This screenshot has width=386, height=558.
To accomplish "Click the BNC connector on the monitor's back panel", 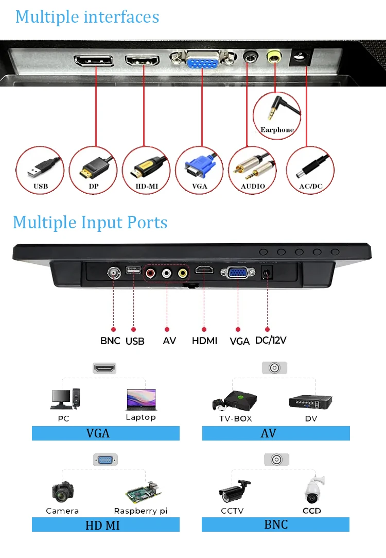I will [x=113, y=272].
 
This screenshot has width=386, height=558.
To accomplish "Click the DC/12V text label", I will [x=271, y=340].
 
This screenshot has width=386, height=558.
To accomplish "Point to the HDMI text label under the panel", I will [x=204, y=341].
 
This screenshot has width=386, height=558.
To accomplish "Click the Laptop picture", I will [x=141, y=399].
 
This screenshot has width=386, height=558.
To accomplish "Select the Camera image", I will [x=62, y=492].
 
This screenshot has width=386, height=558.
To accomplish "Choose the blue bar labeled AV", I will [x=276, y=433].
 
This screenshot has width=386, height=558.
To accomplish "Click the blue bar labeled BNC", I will [x=275, y=525].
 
